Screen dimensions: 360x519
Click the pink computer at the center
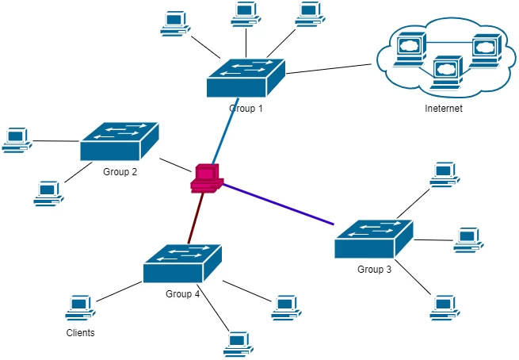pos(205,177)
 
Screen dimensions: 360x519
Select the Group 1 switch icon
pos(246,76)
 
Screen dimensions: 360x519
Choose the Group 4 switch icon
pos(182,263)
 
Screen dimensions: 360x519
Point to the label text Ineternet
pos(443,109)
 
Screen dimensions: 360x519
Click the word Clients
pos(80,333)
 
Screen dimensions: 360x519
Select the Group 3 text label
pos(374,270)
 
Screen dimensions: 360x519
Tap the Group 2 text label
pos(120,171)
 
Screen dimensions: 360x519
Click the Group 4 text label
pos(183,294)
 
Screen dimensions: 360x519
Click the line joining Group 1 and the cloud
pos(329,67)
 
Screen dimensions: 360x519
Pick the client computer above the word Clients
pos(79,307)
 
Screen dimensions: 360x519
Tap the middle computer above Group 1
pos(246,14)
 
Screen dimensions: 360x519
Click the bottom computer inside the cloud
pos(448,70)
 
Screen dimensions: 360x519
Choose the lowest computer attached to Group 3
pos(444,306)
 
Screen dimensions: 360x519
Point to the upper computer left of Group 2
pos(15,140)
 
